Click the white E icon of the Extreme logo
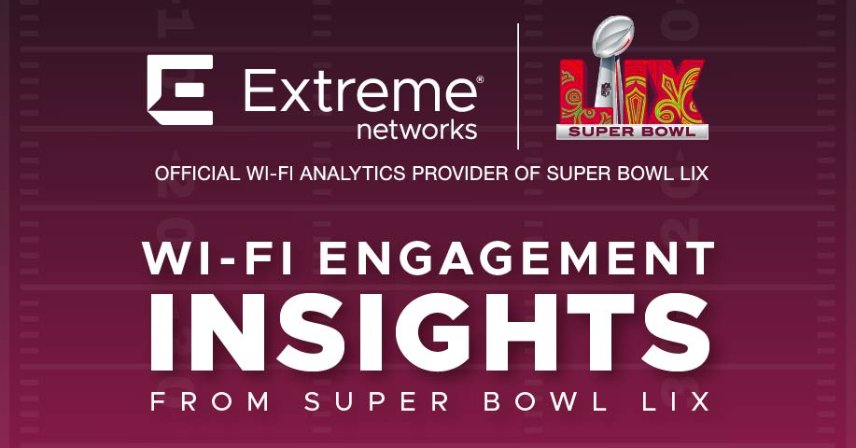click(179, 90)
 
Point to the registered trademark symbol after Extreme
click(480, 80)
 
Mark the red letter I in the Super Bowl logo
click(626, 98)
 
